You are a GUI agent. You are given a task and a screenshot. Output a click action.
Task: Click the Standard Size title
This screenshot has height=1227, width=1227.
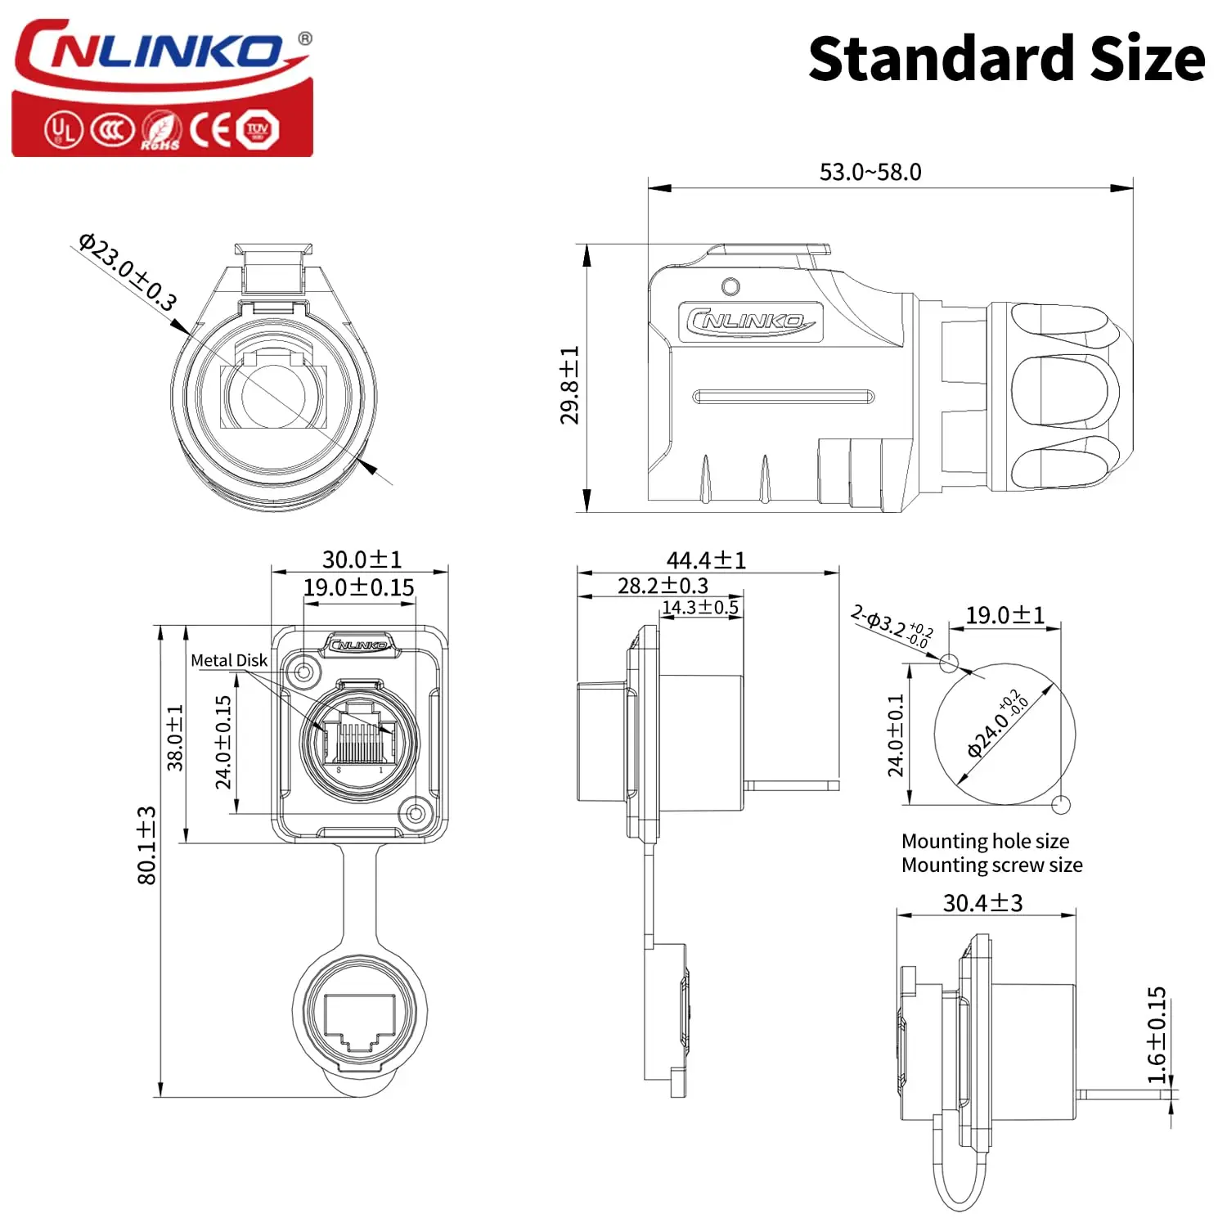coord(1006,59)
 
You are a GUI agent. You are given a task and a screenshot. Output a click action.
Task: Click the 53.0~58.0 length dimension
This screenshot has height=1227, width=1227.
coord(870,172)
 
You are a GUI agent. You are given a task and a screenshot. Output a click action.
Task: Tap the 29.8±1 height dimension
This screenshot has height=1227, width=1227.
coord(569,384)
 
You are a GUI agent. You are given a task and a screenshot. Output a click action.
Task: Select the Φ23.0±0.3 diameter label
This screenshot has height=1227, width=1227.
coord(128,272)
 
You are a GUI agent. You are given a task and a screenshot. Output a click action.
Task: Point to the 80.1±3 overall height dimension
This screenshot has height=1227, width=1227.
coord(147,845)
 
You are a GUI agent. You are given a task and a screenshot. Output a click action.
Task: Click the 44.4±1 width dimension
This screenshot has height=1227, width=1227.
coord(706,560)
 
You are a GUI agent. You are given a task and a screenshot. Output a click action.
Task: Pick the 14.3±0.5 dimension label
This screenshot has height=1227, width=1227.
coord(699,607)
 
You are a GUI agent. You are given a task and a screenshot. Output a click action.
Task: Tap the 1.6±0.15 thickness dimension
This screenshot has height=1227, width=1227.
coord(1157,1035)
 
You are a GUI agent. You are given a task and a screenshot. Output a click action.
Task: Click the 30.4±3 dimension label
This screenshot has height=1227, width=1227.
coord(982,903)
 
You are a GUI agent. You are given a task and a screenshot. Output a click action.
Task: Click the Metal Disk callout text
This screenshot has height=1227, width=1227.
coord(229,660)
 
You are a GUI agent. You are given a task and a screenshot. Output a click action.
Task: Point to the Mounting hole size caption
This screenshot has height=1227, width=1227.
coord(985,841)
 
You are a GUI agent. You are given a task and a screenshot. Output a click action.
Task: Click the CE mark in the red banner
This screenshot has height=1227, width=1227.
coord(210,129)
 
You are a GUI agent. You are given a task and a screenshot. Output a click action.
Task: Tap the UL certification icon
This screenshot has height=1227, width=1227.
coord(62,129)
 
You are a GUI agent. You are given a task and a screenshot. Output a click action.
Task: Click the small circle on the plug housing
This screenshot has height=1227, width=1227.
coord(731,286)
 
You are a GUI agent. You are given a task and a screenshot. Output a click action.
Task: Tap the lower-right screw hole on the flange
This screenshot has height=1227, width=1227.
coord(416,813)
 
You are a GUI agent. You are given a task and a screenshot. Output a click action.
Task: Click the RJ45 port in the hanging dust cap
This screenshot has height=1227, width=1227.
coord(360,1022)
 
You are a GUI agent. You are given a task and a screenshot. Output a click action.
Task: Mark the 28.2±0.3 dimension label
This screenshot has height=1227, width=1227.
coord(663,586)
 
